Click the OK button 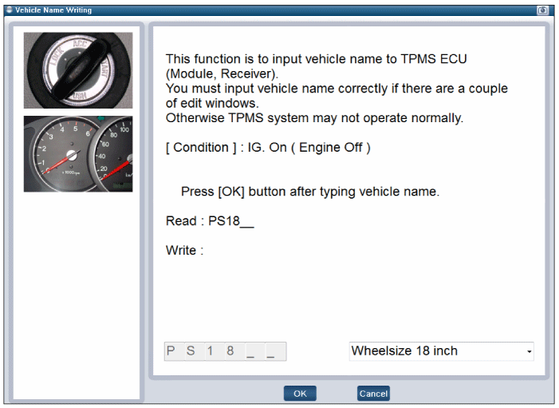click(x=300, y=394)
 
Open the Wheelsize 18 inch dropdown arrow click(x=529, y=351)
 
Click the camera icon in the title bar click(x=542, y=10)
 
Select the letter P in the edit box click(x=171, y=351)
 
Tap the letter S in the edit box click(x=191, y=351)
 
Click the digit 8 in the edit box click(x=230, y=351)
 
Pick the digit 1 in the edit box click(x=210, y=351)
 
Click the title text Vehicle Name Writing click(x=53, y=10)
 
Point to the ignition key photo click(x=78, y=70)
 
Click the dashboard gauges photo click(x=78, y=154)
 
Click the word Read click(x=181, y=221)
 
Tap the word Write click(x=181, y=250)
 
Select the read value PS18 click(x=224, y=221)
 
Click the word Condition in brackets click(x=201, y=148)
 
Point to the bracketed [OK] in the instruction click(x=231, y=192)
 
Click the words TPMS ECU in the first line click(x=434, y=59)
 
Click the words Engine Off click(x=330, y=148)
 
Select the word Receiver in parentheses click(x=246, y=73)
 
